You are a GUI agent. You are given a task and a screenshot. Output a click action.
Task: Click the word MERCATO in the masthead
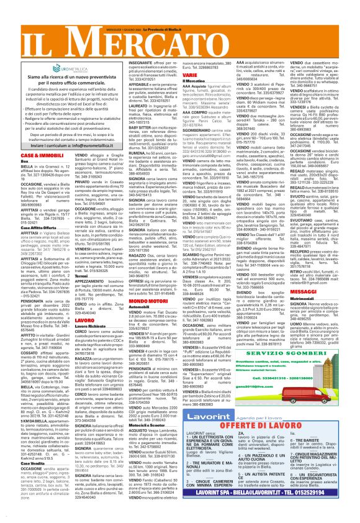(205, 38)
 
